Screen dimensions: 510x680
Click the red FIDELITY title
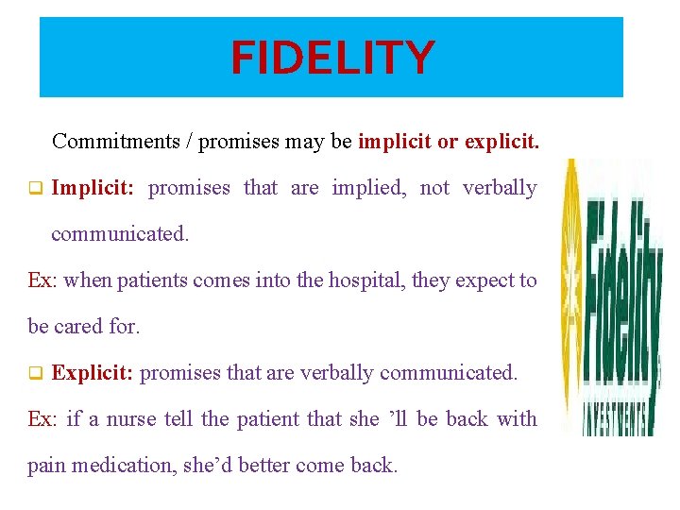332,58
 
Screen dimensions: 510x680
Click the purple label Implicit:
93,188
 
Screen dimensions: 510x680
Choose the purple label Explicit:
93,373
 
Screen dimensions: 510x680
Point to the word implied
369,188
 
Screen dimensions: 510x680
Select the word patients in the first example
154,280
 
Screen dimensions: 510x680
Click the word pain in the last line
46,466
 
